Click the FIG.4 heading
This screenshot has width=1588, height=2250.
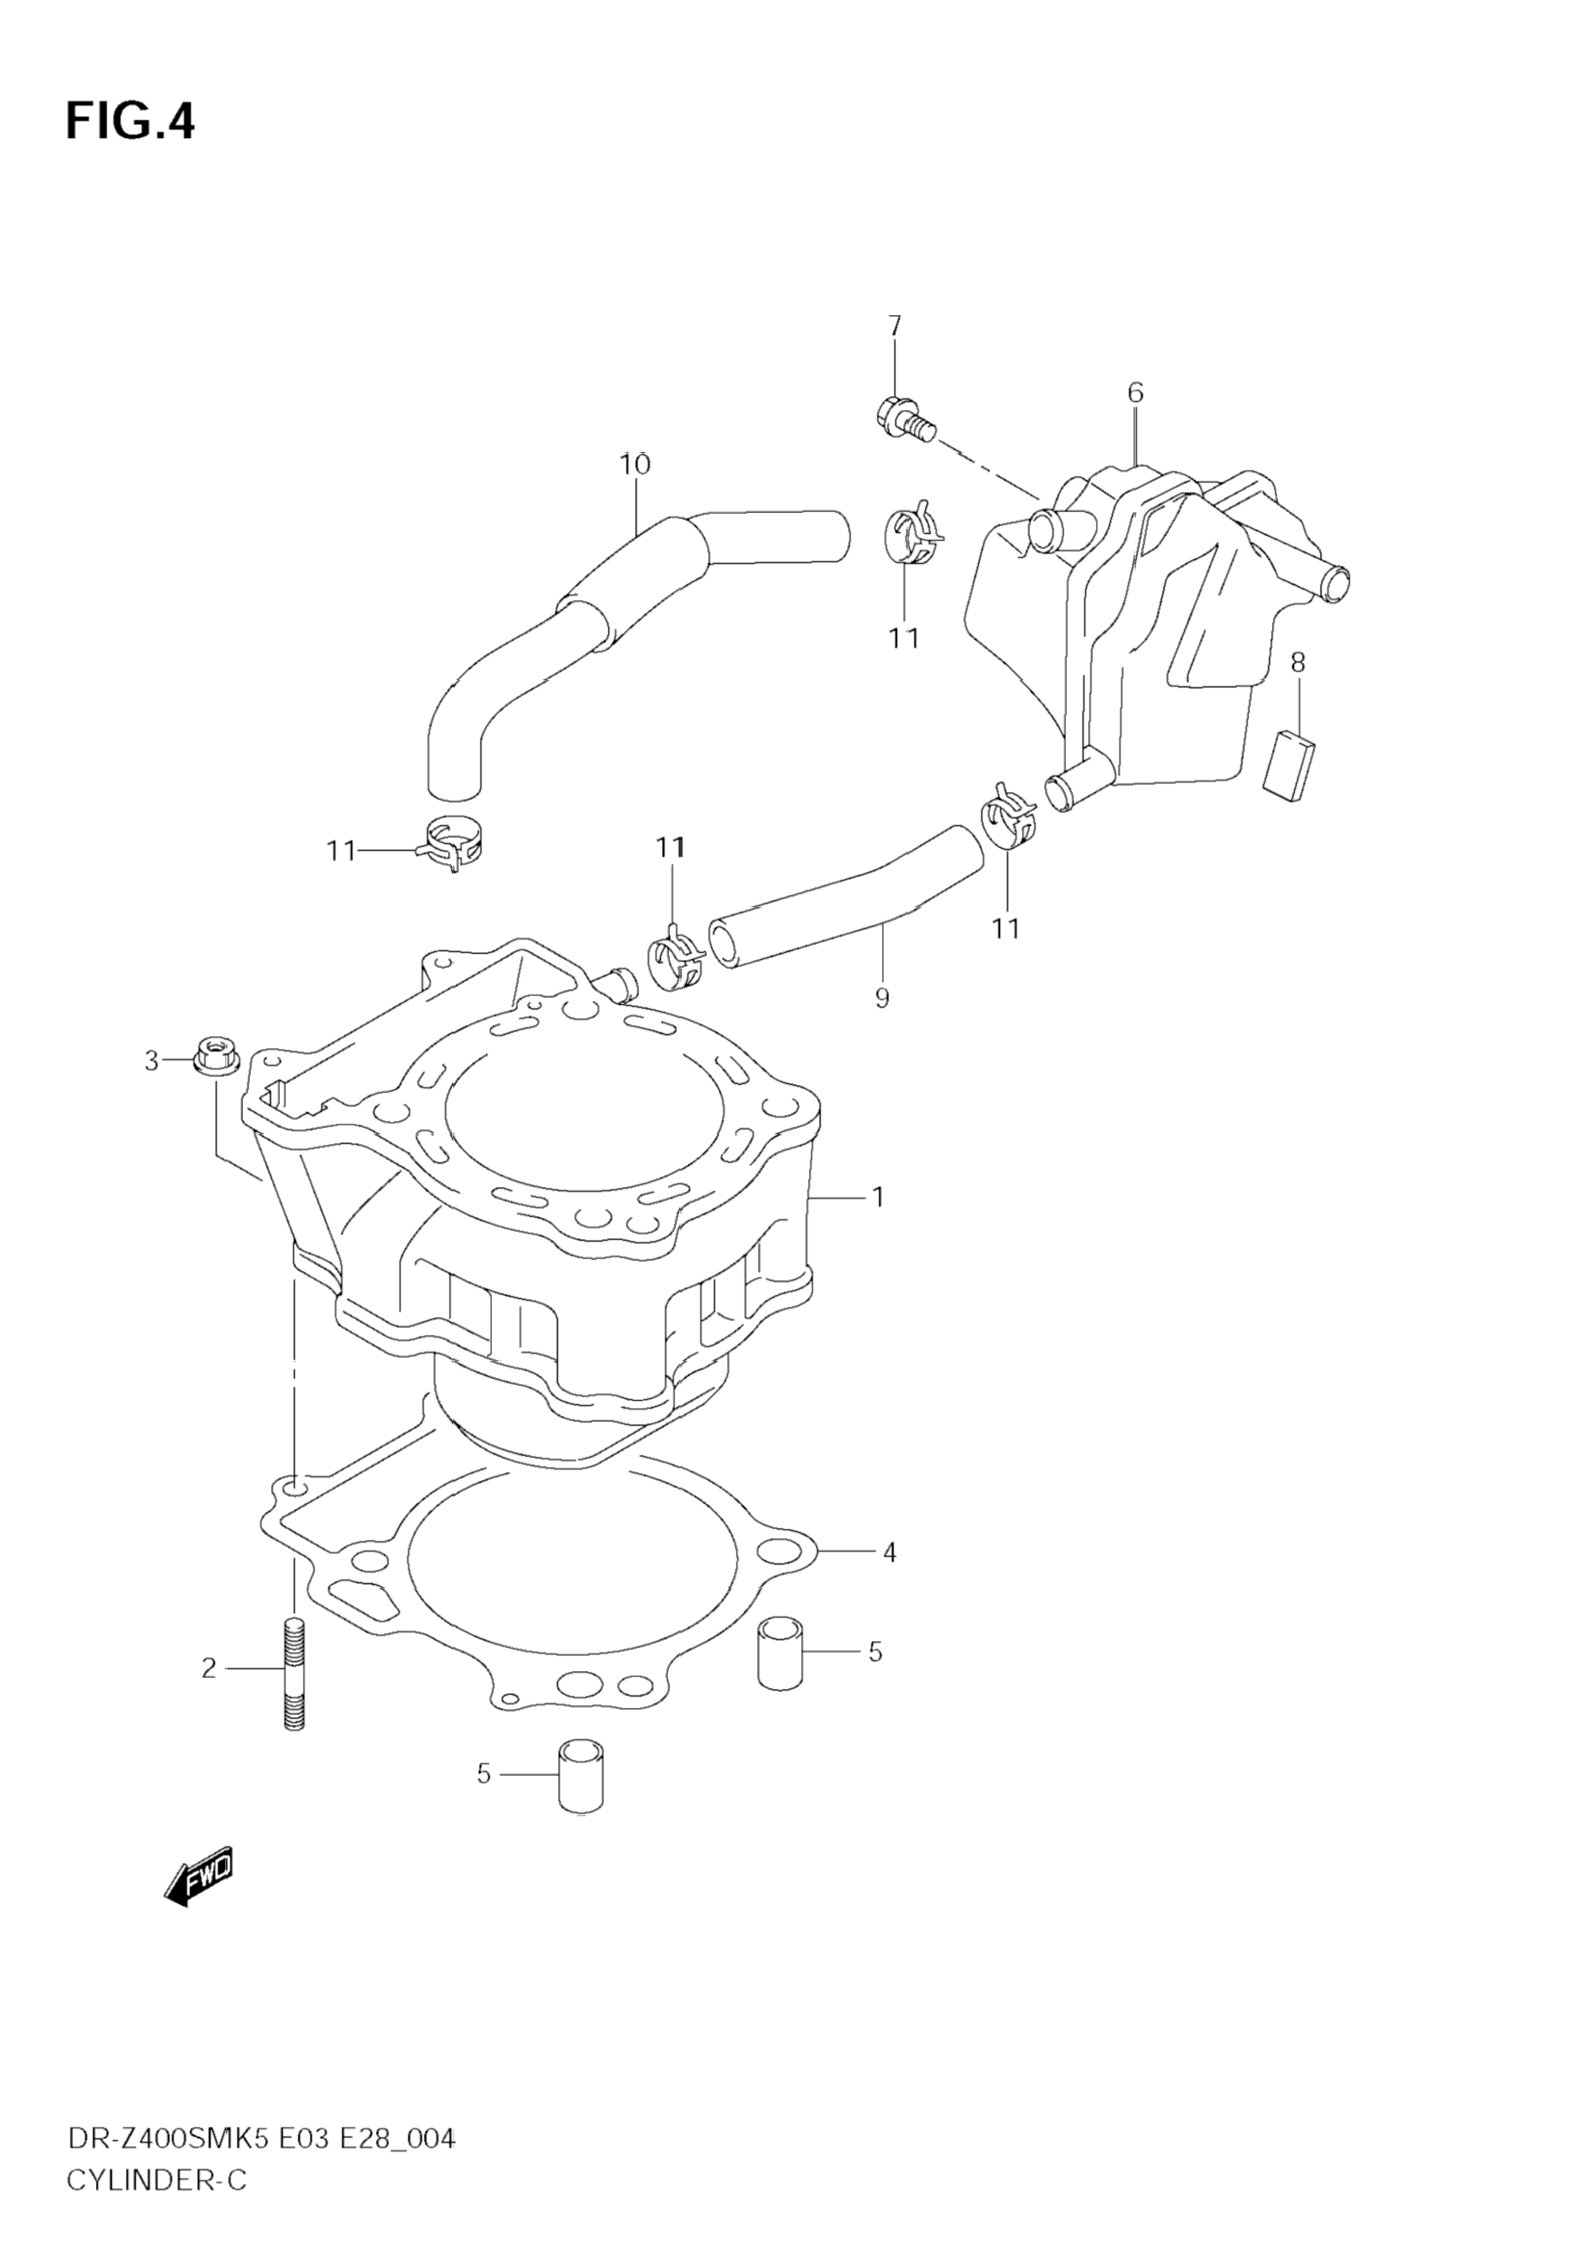(x=130, y=122)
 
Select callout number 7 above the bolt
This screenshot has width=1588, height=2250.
(x=894, y=326)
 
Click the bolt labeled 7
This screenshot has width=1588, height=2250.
(x=904, y=420)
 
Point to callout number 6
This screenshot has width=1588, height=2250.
(x=1136, y=393)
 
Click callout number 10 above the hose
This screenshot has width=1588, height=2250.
(x=636, y=464)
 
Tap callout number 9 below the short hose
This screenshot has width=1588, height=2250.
(x=882, y=999)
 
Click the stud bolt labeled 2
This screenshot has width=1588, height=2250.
(x=294, y=1675)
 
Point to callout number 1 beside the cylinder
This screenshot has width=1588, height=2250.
(x=879, y=1197)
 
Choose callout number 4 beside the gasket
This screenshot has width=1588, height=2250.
(x=888, y=1552)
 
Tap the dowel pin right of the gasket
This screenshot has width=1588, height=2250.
(x=780, y=1653)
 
